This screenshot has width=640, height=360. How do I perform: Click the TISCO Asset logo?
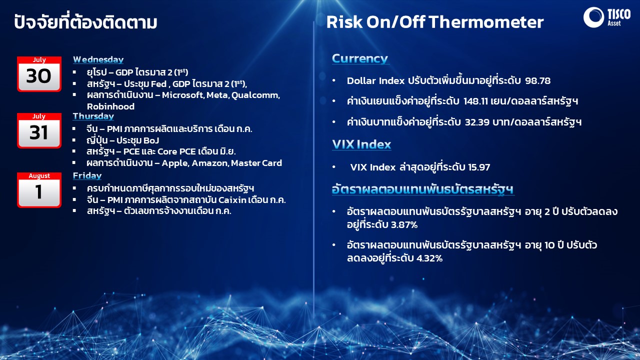pos(607,17)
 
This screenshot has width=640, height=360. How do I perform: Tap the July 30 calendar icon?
pos(39,74)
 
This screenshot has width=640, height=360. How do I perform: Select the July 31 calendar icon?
pos(39,130)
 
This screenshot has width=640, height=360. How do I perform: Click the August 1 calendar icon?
pos(39,190)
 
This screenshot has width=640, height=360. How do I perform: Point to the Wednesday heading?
pos(98,59)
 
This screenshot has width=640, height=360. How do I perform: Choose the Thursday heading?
pos(93,116)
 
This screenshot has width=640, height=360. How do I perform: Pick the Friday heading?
pos(87,175)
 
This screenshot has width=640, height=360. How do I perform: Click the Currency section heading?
pos(360,58)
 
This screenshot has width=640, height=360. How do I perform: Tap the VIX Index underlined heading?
pos(361,144)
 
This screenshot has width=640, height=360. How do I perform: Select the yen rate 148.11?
pos(475,101)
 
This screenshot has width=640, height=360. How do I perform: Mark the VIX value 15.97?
pos(479,167)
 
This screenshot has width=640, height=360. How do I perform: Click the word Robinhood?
pos(110,106)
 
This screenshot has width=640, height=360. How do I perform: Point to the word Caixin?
pos(232,199)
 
